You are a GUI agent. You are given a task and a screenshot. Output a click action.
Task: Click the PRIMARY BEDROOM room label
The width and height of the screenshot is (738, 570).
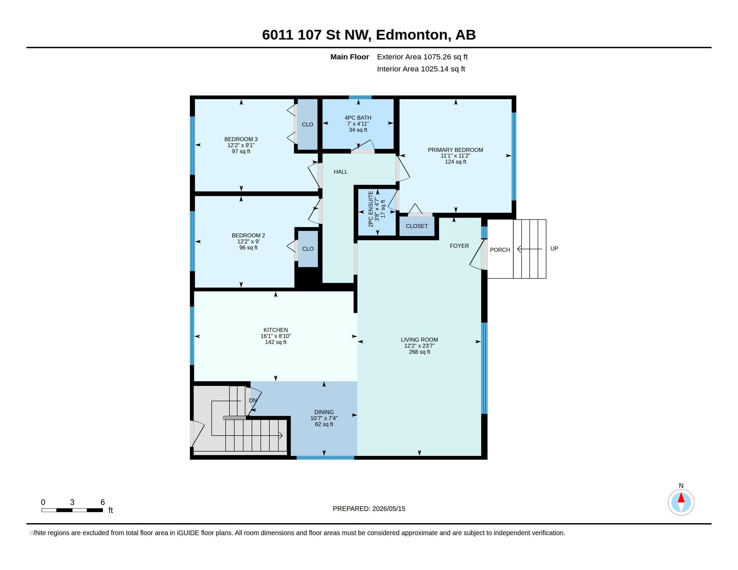[x=455, y=150]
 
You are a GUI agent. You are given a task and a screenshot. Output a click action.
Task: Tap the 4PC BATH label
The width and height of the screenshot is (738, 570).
[x=358, y=118]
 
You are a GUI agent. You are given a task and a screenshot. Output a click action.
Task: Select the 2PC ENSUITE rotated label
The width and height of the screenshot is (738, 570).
[x=371, y=209]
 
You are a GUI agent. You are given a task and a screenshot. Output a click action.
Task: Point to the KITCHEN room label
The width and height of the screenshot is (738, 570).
[x=276, y=330]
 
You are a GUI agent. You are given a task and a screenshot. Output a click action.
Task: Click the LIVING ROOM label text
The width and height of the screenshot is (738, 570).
[x=419, y=340]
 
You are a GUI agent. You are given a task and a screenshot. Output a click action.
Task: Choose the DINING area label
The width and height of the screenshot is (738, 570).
[x=324, y=412]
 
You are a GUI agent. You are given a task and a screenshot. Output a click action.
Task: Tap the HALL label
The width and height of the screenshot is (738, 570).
[x=340, y=172]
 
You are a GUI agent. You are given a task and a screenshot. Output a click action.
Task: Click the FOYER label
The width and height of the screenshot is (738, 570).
[x=459, y=246]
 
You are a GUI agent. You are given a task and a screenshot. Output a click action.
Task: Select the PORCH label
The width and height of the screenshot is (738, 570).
[x=500, y=250]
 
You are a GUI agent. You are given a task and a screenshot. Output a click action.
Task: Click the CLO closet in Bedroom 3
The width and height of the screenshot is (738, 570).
[x=308, y=124]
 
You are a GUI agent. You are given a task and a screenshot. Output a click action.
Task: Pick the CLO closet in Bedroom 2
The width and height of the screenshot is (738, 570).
[x=308, y=249]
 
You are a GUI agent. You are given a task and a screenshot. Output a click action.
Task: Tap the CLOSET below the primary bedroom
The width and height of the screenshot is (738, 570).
[x=417, y=226]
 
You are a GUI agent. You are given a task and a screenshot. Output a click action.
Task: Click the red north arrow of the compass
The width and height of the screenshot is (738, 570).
[x=681, y=498]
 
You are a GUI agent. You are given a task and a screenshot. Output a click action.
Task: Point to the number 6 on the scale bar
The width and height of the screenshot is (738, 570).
[x=103, y=502]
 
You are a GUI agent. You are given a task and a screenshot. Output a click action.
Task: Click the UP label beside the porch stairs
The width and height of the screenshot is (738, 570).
[x=554, y=248]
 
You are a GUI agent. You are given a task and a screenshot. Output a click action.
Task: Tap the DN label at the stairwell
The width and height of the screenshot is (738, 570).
[x=253, y=400]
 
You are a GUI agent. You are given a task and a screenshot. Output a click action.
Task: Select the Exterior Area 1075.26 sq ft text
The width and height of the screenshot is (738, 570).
[x=422, y=57]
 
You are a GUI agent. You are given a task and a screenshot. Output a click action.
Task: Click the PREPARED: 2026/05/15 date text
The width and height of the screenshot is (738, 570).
[x=369, y=509]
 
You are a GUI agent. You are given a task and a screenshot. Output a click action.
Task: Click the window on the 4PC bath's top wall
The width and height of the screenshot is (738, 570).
[x=360, y=97]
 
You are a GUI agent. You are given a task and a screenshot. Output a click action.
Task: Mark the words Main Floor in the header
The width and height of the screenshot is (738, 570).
[x=350, y=57]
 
